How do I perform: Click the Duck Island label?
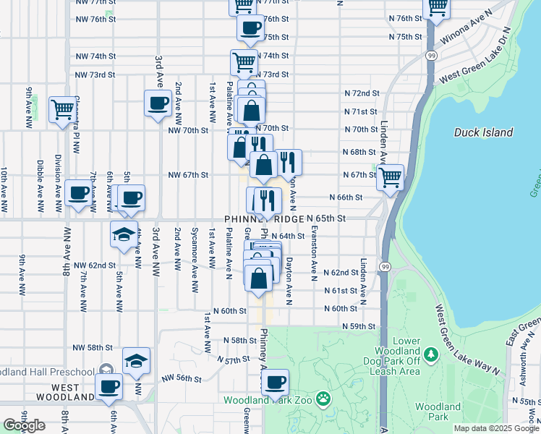click(484, 132)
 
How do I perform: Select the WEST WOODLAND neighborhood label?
click(65, 397)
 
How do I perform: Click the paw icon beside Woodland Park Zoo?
click(323, 399)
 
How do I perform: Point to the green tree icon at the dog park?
click(432, 354)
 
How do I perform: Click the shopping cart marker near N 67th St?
click(391, 176)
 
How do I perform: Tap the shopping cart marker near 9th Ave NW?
click(62, 109)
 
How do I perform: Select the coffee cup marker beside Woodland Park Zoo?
click(275, 382)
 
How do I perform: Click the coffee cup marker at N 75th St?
click(250, 28)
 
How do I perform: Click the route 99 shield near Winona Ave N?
click(432, 55)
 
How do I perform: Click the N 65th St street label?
click(326, 218)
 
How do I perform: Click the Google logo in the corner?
click(24, 425)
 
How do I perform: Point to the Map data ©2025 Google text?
click(495, 428)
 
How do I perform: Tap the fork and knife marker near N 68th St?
click(289, 162)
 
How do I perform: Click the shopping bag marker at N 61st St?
click(259, 278)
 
